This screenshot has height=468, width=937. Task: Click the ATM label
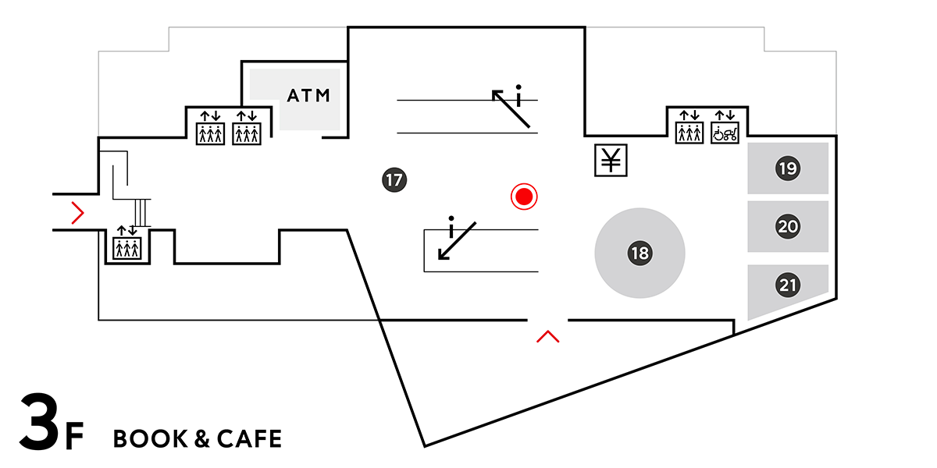pos(309,96)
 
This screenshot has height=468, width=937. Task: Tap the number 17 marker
pos(394,180)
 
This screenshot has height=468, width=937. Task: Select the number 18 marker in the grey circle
pos(640,253)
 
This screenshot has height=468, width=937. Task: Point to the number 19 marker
pos(788,168)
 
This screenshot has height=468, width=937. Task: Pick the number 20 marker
pos(788,227)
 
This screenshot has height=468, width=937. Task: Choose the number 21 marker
pos(788,285)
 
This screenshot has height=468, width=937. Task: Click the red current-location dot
pos(524,197)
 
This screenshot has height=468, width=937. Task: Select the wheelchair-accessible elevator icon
pos(726,129)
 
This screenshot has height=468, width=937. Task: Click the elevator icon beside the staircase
pos(126,246)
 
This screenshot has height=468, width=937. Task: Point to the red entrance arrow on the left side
pos(77,211)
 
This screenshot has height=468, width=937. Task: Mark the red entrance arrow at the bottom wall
pos(548,336)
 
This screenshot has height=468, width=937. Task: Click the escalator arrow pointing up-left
pos(511,108)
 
